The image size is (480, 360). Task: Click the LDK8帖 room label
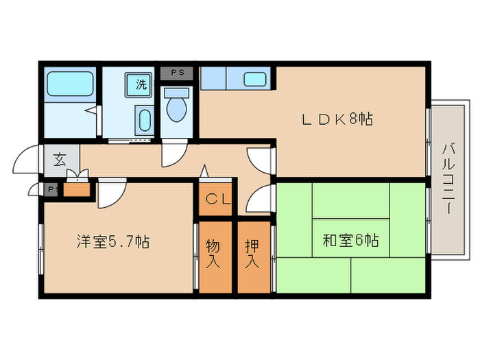coord(337,119)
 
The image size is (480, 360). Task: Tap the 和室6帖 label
coord(350,241)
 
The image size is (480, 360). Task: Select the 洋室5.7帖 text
coord(112,241)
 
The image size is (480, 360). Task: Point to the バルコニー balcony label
coord(449,178)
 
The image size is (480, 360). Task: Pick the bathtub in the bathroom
coord(65,85)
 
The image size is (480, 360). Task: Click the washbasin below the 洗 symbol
coord(143,121)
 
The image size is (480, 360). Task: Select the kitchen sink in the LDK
coord(254,78)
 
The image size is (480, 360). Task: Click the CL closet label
coord(217,200)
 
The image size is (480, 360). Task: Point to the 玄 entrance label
coord(58,160)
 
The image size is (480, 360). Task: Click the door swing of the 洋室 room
coord(112,193)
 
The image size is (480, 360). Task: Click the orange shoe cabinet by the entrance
coord(76,189)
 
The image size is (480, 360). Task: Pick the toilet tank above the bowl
coord(177,92)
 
